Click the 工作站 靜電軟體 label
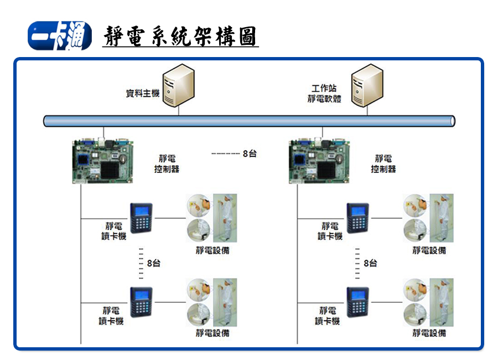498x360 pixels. coord(324,94)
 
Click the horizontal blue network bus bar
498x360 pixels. coord(249,121)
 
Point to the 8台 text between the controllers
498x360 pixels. coord(250,153)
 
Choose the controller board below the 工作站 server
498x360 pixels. coord(319,161)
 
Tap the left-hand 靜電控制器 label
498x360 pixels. coord(167,164)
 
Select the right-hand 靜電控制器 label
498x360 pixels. coord(383,164)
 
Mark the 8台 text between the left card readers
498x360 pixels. coord(153,264)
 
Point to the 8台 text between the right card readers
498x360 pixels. coord(370,264)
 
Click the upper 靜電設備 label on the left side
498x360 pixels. coord(212,250)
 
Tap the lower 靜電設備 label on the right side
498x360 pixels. coord(429,333)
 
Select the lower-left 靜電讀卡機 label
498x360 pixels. coord(111,316)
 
